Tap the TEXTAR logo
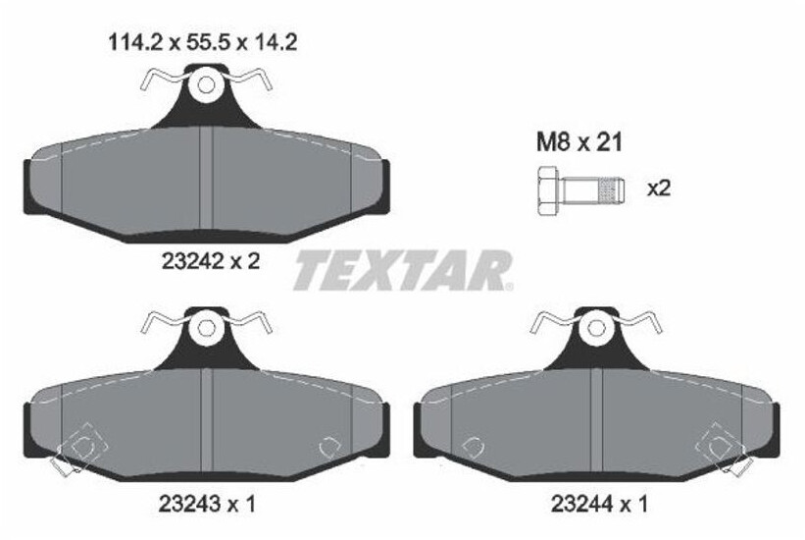tap(403, 270)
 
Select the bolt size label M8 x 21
tap(579, 143)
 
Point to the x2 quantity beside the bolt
tap(658, 188)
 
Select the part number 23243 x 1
tap(206, 505)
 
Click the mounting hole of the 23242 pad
tap(205, 84)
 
